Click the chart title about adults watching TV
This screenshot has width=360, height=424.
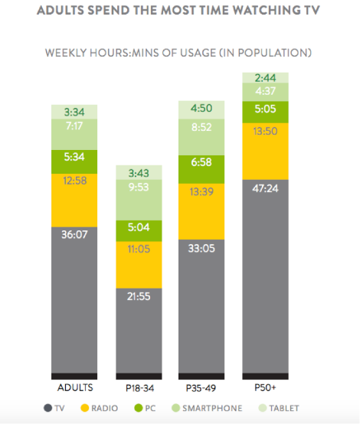click(180, 12)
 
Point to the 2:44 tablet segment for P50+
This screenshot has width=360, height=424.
click(265, 77)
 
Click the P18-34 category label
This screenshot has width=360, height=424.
click(139, 388)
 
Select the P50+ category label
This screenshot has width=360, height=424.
click(265, 388)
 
